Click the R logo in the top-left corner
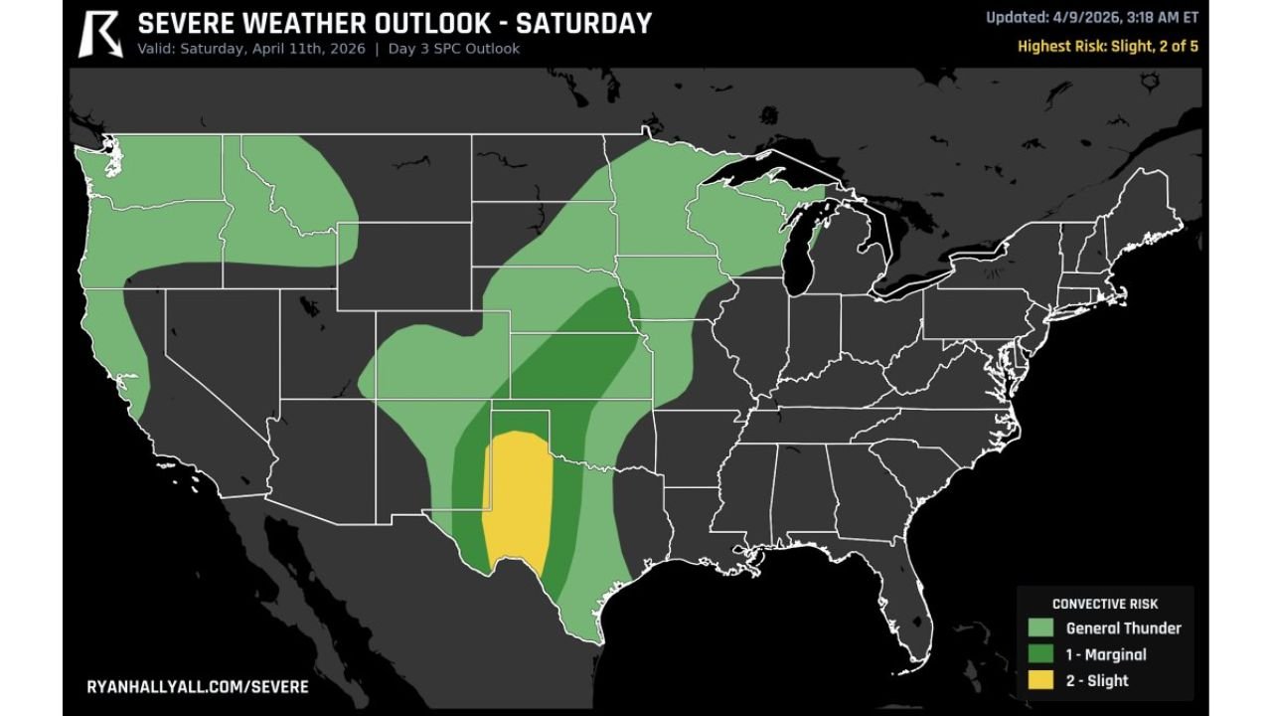pyautogui.click(x=100, y=34)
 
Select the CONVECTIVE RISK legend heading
pyautogui.click(x=1104, y=604)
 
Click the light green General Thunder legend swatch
pyautogui.click(x=1040, y=627)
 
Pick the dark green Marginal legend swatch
pyautogui.click(x=1040, y=654)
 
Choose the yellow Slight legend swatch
pyautogui.click(x=1040, y=680)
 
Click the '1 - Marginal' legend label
pyautogui.click(x=1105, y=654)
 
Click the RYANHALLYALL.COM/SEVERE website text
pyautogui.click(x=198, y=687)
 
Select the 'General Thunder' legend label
pyautogui.click(x=1123, y=627)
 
